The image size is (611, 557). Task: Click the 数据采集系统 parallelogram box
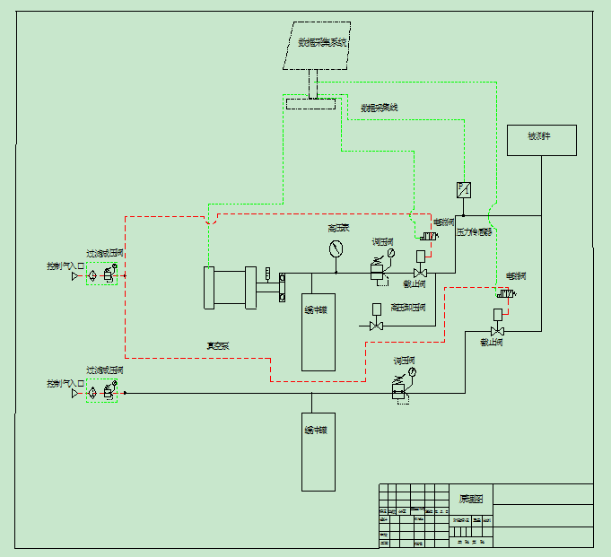pyautogui.click(x=320, y=45)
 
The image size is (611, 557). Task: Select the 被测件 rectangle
pyautogui.click(x=541, y=140)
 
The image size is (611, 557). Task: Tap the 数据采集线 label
pyautogui.click(x=379, y=108)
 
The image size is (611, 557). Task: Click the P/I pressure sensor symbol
pyautogui.click(x=464, y=189)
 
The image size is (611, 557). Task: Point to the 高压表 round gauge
pyautogui.click(x=336, y=248)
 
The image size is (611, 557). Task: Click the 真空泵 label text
pyautogui.click(x=218, y=344)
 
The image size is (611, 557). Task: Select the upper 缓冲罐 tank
pyautogui.click(x=318, y=332)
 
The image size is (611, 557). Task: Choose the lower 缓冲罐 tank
pyautogui.click(x=318, y=451)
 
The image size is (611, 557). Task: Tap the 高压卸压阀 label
pyautogui.click(x=408, y=308)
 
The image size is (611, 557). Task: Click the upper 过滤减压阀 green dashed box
pyautogui.click(x=102, y=274)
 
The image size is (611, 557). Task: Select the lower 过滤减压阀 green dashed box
pyautogui.click(x=102, y=391)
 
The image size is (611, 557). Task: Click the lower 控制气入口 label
pyautogui.click(x=65, y=383)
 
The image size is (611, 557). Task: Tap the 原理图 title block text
pyautogui.click(x=471, y=499)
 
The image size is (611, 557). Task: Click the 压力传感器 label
pyautogui.click(x=475, y=231)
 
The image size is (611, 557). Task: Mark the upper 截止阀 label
pyautogui.click(x=414, y=283)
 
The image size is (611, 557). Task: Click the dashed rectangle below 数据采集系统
pyautogui.click(x=310, y=103)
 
